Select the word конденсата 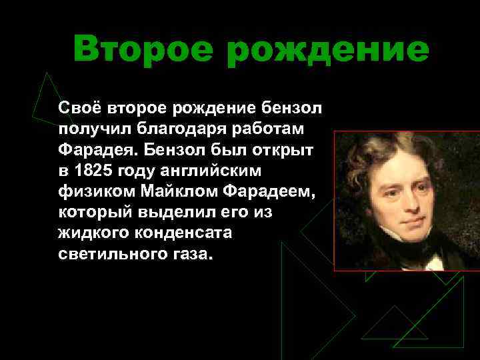pos(196,234)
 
